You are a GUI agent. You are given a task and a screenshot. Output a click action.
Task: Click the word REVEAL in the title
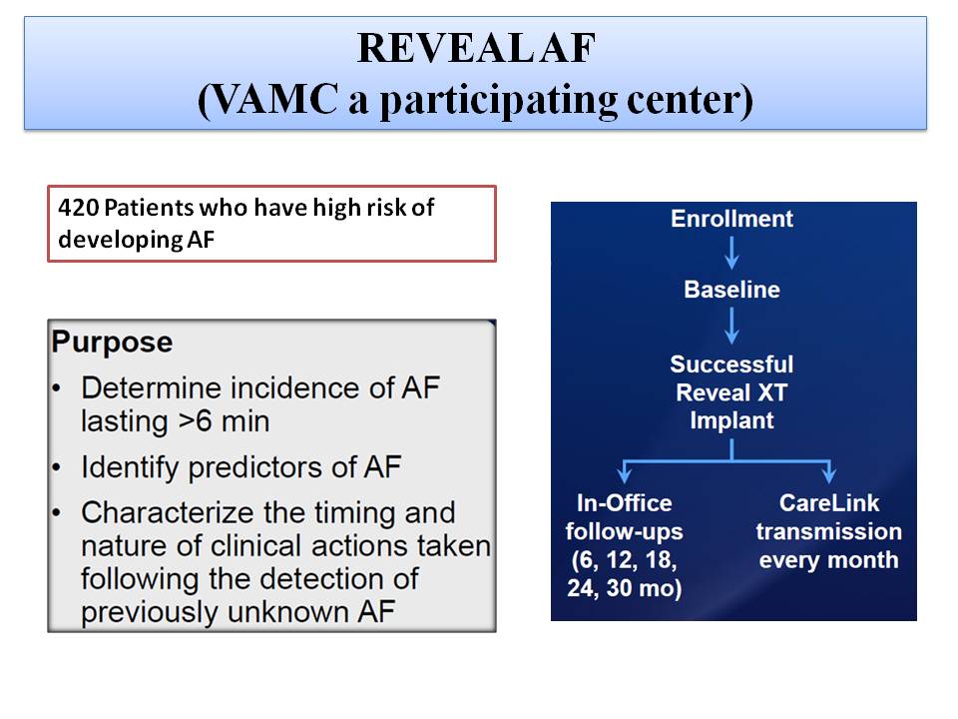(445, 48)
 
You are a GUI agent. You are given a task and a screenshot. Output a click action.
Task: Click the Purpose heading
(112, 342)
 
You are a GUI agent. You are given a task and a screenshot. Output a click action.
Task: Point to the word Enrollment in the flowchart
(731, 219)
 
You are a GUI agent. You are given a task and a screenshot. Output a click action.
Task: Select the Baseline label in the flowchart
(731, 290)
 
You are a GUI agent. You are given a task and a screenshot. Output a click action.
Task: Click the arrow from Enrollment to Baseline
(731, 253)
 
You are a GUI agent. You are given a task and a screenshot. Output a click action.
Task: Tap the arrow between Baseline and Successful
(731, 326)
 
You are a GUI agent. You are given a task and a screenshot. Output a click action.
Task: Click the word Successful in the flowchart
(731, 364)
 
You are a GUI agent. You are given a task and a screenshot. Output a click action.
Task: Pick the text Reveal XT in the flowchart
(731, 392)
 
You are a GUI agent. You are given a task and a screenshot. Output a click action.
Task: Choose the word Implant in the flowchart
(731, 420)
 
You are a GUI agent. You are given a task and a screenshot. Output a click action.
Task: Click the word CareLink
(829, 503)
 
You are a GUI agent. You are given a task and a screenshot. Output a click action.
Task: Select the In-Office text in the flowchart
(625, 503)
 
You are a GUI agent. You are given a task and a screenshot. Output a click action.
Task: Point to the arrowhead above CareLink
(828, 474)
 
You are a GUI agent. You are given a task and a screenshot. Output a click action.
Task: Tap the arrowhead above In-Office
(624, 474)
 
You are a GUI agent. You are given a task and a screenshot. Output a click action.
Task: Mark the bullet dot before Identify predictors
(56, 468)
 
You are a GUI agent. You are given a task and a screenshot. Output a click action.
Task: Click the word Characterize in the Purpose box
(168, 512)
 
